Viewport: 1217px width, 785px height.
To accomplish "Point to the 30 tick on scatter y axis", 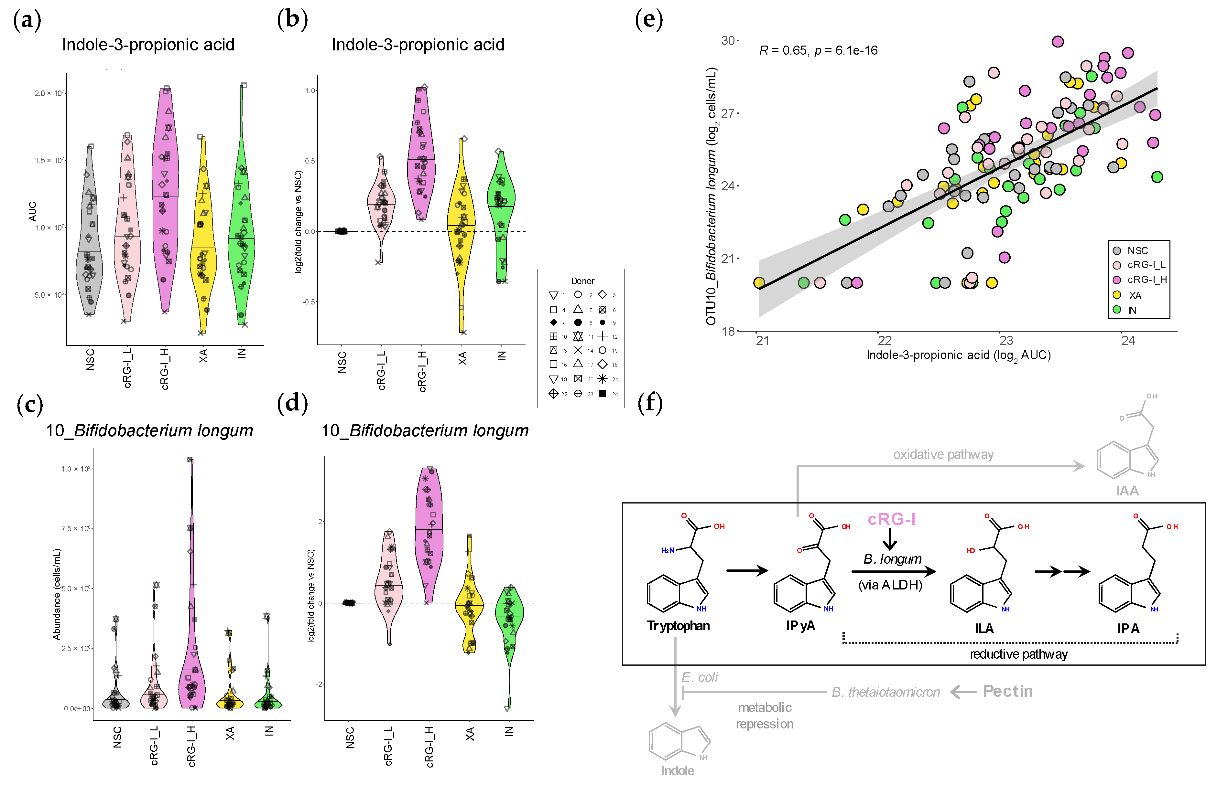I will coord(728,40).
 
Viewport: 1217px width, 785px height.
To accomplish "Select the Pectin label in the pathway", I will coord(1007,691).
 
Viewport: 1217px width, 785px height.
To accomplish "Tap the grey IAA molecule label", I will coord(1127,491).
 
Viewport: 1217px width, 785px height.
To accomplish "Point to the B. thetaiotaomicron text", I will coord(886,692).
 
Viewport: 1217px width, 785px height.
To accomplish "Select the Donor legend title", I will coord(582,281).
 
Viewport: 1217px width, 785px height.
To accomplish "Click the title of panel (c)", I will coord(149,431).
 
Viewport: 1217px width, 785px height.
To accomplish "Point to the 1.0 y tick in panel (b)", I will coord(310,91).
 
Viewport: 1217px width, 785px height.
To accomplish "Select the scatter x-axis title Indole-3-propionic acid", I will coord(958,355).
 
